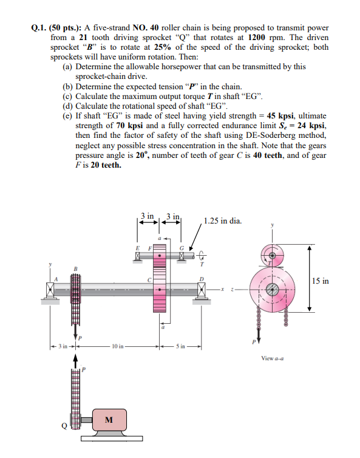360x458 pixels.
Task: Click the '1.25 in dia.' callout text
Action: point(223,220)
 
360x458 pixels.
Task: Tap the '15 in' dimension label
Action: point(321,281)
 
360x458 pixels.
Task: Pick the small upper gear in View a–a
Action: point(272,256)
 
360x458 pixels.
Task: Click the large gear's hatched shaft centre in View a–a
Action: point(271,290)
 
